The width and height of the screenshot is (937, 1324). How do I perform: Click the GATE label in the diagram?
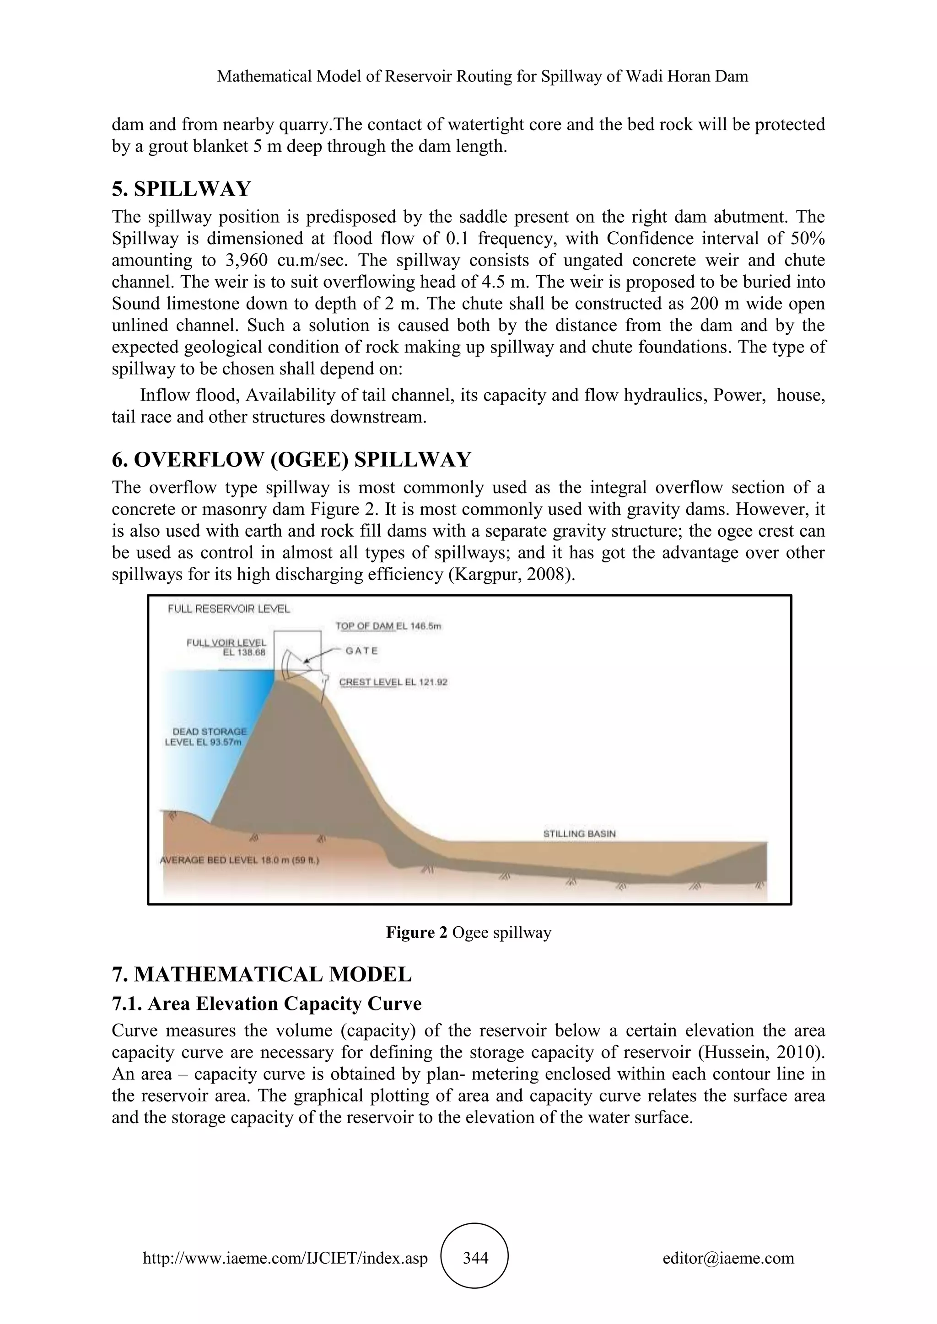pos(362,651)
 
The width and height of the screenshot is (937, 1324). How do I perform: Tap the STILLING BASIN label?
pos(579,833)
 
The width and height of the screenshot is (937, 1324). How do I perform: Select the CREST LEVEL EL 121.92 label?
pos(393,682)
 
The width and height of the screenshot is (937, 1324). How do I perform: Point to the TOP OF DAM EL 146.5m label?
pos(388,626)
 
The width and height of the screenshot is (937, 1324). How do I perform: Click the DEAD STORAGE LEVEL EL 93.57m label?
pos(206,737)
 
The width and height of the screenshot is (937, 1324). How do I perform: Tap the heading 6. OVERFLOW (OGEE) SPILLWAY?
pos(291,459)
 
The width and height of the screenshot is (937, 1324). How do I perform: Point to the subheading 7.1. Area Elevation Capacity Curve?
pos(267,1004)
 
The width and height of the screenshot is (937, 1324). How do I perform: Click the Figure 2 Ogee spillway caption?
pos(468,933)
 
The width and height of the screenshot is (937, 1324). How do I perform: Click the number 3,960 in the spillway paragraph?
pos(243,260)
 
